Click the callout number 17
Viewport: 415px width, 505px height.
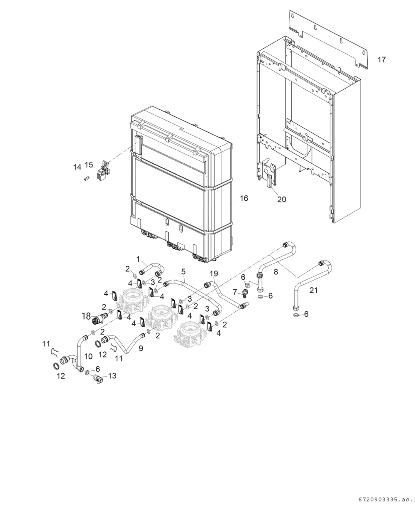tap(381, 59)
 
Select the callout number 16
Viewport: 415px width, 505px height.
tap(244, 198)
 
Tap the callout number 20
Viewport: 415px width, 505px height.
tap(282, 199)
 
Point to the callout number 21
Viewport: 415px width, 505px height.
tap(313, 290)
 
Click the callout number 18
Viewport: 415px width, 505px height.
tap(86, 316)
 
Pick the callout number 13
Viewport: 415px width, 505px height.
tap(112, 376)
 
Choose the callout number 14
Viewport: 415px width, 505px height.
tap(77, 167)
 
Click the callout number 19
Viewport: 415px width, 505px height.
tap(214, 273)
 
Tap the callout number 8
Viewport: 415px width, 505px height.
tap(276, 272)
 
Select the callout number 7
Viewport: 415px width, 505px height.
tap(235, 292)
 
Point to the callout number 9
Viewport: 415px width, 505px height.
tap(141, 348)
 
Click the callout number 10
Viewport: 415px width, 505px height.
tap(88, 356)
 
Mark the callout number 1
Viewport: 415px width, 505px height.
tap(138, 259)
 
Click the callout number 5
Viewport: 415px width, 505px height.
tap(183, 271)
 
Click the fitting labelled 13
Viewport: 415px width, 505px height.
tap(98, 379)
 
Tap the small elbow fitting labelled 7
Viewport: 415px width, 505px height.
tap(245, 293)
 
